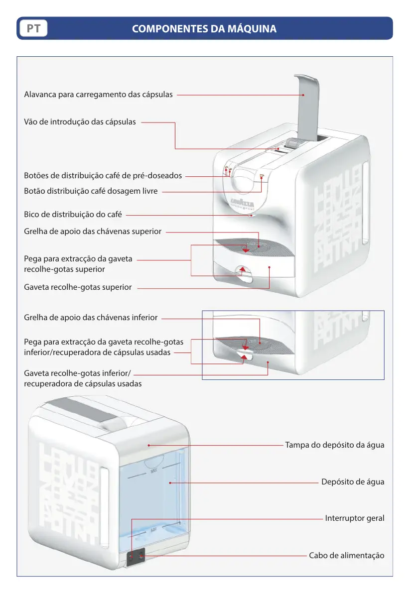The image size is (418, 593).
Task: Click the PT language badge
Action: pos(33,29)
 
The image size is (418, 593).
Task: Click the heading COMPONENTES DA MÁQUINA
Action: pos(204,29)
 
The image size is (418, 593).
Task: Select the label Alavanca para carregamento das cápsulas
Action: pos(99,94)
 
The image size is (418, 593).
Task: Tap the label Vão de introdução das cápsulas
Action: pos(80,122)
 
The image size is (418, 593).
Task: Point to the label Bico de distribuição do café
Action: pos(73,215)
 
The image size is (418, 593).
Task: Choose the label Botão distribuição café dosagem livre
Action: pos(91,191)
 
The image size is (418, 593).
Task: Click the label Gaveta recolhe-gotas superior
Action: pos(78,287)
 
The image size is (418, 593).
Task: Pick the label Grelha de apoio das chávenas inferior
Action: pos(91,317)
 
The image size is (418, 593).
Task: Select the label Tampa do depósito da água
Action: pos(334,445)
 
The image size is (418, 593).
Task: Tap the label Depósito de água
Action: pos(353,482)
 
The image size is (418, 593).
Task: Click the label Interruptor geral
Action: pos(355,518)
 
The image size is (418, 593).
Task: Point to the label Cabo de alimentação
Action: pos(346,555)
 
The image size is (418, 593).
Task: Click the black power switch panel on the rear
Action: pos(135,557)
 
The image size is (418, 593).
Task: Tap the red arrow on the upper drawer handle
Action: pos(242,269)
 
